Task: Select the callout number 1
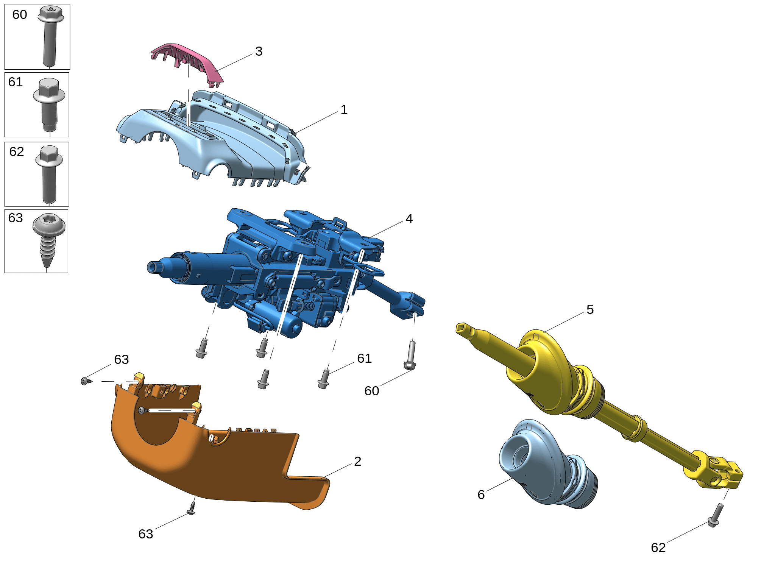[344, 110]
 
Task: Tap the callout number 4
[409, 219]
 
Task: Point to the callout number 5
[590, 310]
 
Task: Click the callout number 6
[481, 495]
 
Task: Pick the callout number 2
[358, 461]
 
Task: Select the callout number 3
[259, 51]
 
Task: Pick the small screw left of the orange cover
[86, 381]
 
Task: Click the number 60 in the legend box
[20, 15]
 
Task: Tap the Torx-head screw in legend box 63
[49, 240]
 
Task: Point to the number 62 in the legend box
[17, 152]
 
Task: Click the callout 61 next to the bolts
[364, 358]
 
